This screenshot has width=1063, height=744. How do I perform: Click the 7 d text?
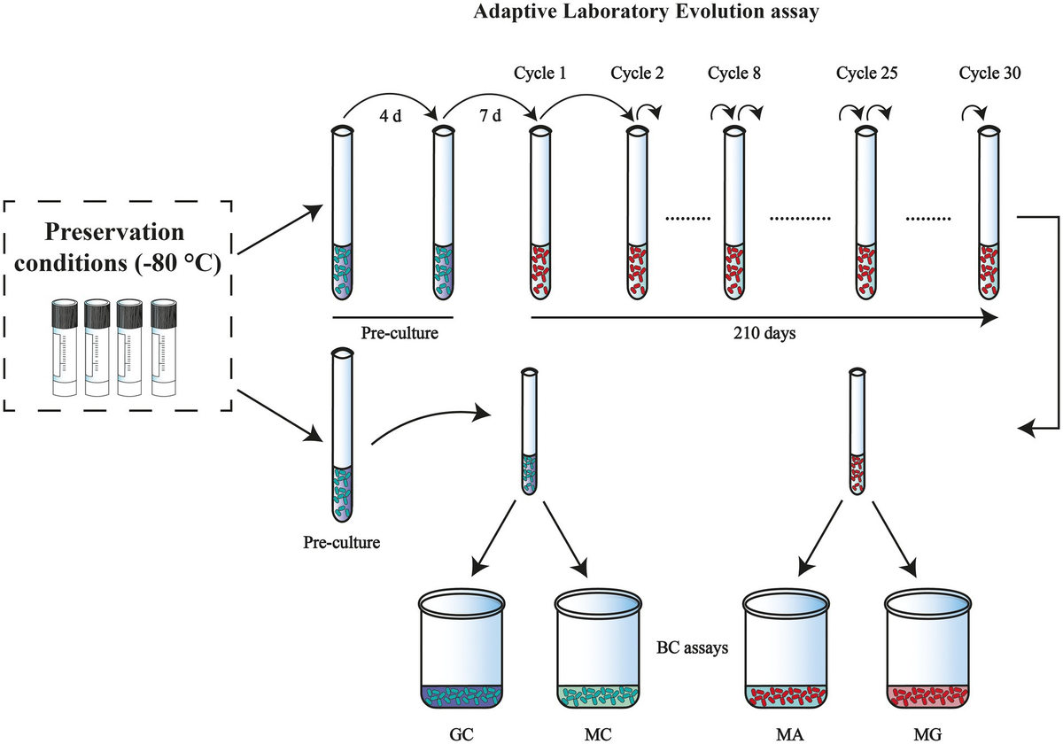(x=488, y=118)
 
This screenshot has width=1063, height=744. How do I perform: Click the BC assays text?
(x=693, y=647)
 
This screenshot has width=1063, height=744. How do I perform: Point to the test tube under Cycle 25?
(x=864, y=213)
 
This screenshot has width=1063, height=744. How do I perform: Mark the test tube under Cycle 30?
(x=989, y=213)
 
